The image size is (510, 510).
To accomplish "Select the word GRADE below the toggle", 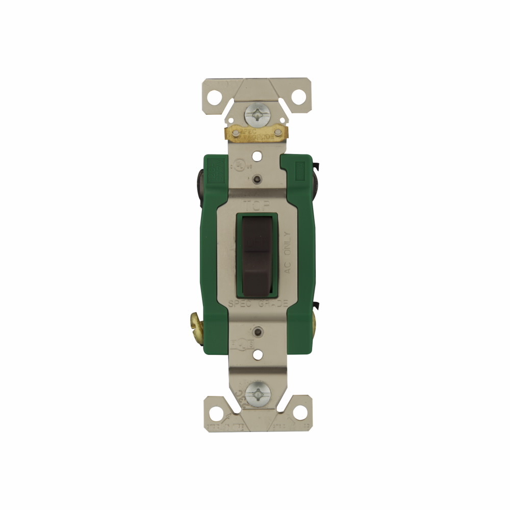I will (273, 304).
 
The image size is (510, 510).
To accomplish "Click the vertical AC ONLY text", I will (287, 252).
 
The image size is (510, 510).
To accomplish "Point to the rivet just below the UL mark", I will (255, 179).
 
